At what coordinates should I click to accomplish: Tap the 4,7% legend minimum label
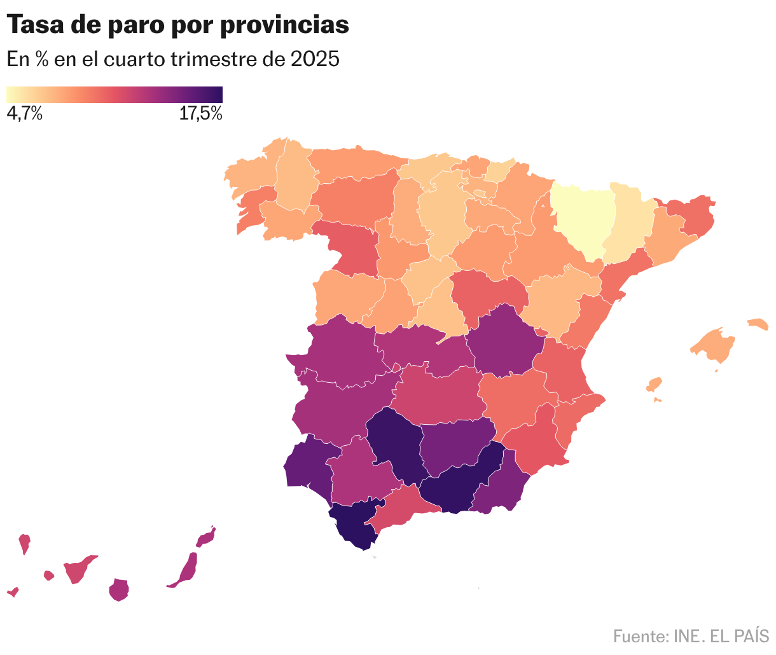point(24,114)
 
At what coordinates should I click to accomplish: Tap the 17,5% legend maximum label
point(200,114)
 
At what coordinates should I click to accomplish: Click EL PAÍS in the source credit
point(738,635)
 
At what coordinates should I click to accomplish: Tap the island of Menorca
point(758,324)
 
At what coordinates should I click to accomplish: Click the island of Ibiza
point(655,384)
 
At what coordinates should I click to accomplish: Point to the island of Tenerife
point(79,569)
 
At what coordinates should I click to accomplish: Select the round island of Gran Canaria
point(119,589)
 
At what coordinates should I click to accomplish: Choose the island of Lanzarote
point(205,538)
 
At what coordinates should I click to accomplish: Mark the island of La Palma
point(25,544)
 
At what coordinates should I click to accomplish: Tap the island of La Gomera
point(49,576)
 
